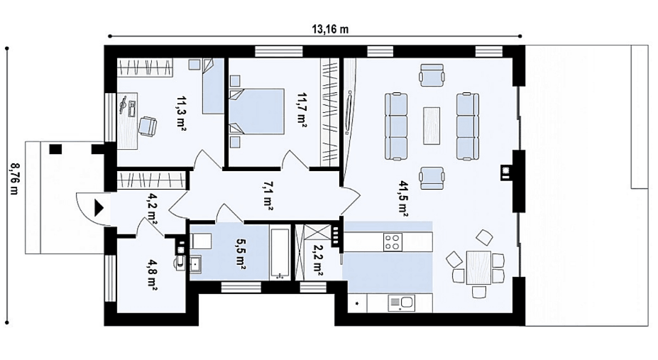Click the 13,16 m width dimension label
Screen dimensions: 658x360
coord(330,29)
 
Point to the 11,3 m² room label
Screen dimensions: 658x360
coord(181,113)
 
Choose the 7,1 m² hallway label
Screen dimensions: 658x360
coord(268,195)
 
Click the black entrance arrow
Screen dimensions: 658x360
coord(99,207)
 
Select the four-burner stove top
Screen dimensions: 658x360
coord(393,242)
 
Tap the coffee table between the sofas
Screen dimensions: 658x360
coord(432,126)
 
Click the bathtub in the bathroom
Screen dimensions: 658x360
coord(280,253)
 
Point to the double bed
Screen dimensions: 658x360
coord(256,111)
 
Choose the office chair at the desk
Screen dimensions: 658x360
coord(148,126)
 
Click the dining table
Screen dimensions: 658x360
coord(478,267)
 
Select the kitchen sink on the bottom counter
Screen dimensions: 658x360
coord(401,303)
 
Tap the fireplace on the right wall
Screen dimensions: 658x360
coord(505,171)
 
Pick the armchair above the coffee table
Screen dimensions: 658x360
coord(432,75)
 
